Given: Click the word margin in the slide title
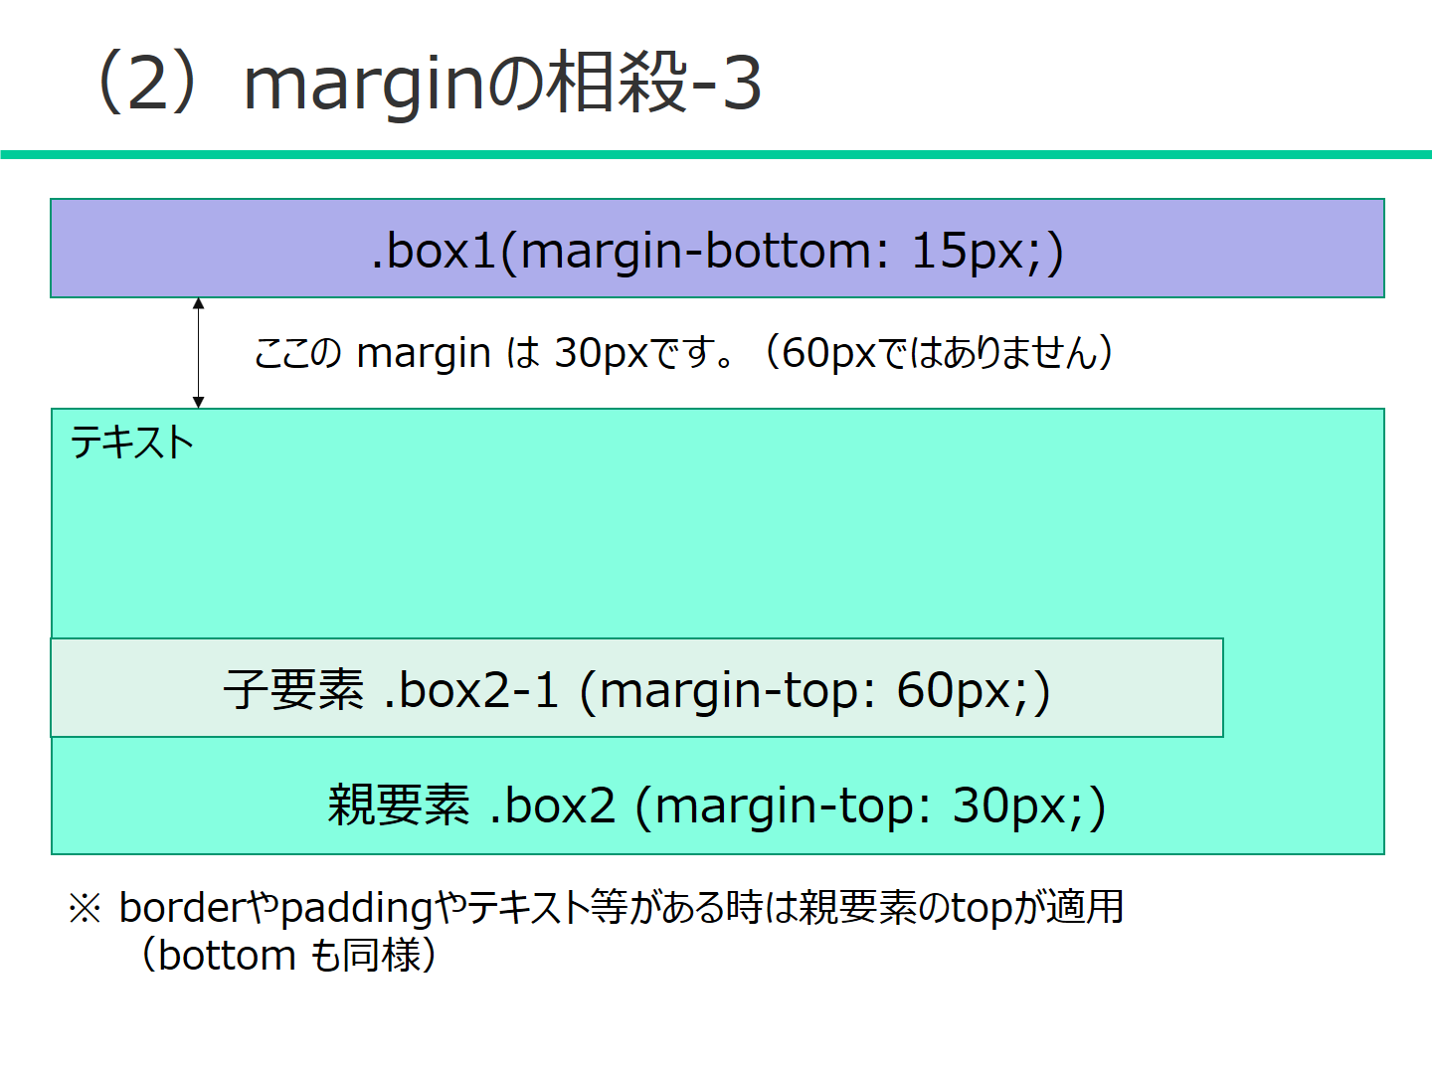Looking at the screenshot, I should point(364,86).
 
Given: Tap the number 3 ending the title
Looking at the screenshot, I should point(741,84).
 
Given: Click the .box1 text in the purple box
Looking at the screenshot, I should point(433,250).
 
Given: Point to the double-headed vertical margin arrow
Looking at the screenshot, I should point(199,353).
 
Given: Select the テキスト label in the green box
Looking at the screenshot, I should point(131,443).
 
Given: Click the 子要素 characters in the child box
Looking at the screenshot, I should point(293,689).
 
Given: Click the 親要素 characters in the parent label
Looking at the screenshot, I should point(398,805).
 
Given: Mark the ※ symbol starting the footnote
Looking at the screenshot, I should point(85,908).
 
